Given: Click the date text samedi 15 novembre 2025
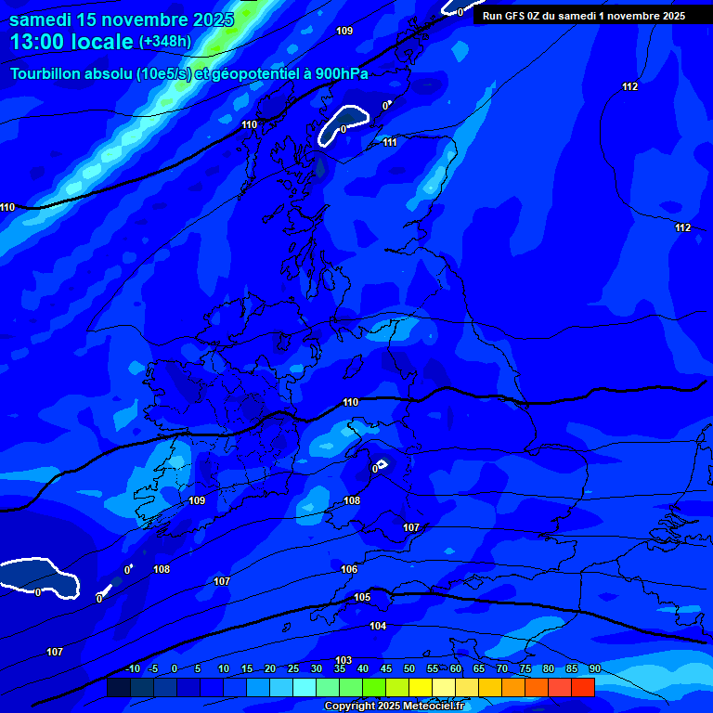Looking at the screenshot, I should tap(121, 19).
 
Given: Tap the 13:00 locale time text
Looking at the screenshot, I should tap(71, 42).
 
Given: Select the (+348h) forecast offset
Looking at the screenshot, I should tap(165, 42).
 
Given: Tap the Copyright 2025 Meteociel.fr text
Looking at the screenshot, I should tap(394, 707).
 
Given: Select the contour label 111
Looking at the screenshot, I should tap(390, 142).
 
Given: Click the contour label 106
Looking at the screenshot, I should tap(349, 569).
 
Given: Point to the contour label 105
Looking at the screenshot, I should tap(362, 597).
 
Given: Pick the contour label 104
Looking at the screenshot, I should tap(378, 626).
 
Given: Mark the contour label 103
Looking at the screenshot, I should tap(344, 660).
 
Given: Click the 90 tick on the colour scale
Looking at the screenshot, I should tap(594, 668).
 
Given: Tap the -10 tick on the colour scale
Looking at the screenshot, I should tap(132, 668).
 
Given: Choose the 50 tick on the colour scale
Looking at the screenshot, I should tap(409, 668).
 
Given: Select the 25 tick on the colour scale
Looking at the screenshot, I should tap(293, 668).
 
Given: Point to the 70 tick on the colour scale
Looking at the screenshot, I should tap(502, 668).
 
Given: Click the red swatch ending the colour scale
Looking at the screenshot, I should tap(583, 687).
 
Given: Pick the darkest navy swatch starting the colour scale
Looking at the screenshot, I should tap(118, 687).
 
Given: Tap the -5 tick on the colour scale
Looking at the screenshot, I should tap(154, 668).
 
